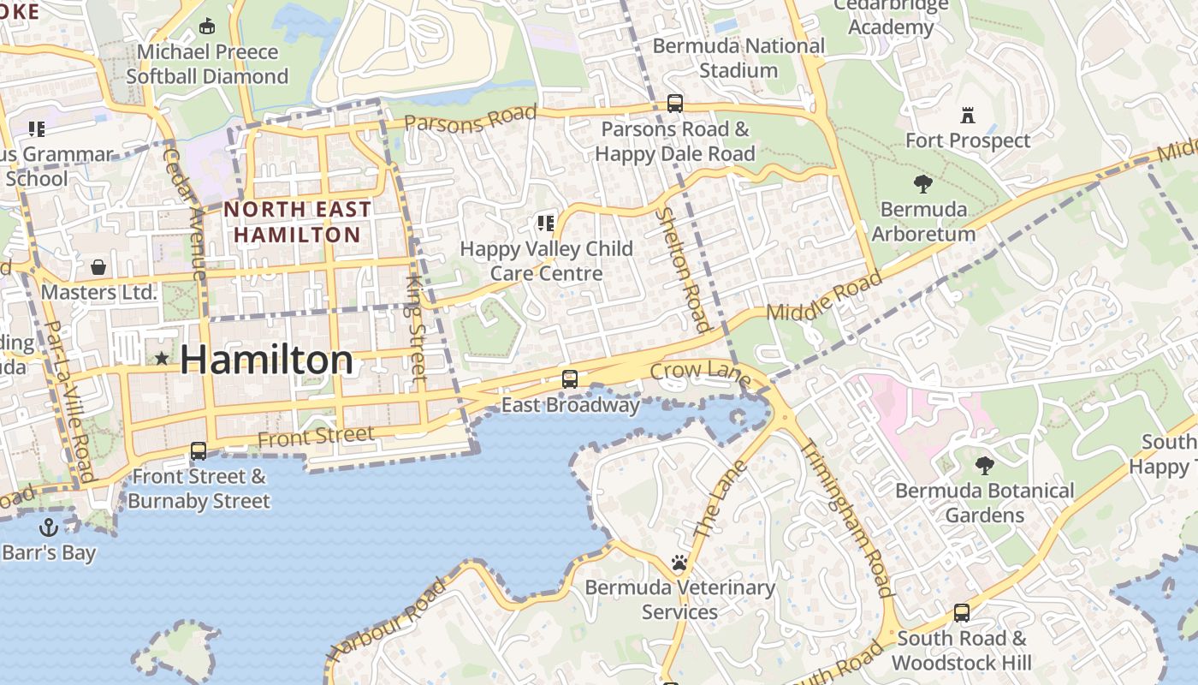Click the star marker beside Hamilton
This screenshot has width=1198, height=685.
click(162, 358)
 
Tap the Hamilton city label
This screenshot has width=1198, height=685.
click(266, 360)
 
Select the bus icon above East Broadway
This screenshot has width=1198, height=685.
click(570, 378)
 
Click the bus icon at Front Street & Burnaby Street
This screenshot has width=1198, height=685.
click(199, 450)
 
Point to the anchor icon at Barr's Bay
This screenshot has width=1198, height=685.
click(49, 527)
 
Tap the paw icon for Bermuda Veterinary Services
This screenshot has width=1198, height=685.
click(679, 563)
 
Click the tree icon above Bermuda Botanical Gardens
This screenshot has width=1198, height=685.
click(984, 466)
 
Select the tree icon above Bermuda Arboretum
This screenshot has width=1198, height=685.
click(922, 183)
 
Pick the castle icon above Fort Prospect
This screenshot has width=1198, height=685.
click(968, 115)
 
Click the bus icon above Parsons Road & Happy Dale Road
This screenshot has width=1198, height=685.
click(675, 104)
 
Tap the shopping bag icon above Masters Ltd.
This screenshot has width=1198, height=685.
click(98, 267)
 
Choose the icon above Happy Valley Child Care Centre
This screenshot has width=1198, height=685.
click(545, 223)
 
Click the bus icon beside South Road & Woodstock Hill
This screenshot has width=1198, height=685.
click(962, 613)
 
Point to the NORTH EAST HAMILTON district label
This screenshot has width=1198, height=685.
click(298, 221)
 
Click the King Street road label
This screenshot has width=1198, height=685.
click(416, 328)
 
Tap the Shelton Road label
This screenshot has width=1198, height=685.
click(683, 269)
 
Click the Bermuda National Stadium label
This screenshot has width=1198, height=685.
click(738, 57)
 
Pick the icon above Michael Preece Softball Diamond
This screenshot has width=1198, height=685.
click(206, 27)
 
